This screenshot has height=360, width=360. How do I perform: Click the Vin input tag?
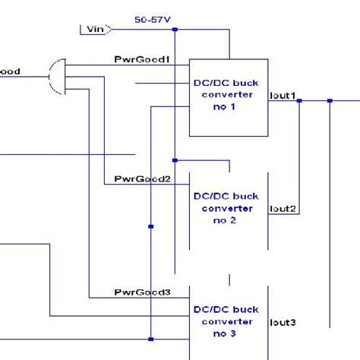point(95,30)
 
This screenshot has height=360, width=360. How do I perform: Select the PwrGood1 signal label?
point(141,58)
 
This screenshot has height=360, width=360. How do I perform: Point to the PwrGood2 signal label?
point(141,179)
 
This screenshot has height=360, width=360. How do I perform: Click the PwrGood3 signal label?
point(141,292)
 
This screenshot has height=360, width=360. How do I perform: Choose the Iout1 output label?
point(283,96)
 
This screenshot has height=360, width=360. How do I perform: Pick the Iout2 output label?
point(283,209)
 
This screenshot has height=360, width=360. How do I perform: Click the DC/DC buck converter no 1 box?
point(227,98)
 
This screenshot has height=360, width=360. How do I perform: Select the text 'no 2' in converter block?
point(227,220)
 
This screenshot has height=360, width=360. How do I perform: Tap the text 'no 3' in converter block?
point(227,333)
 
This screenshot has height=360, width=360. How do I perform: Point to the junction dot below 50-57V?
point(175,30)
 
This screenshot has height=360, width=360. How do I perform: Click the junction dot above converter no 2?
point(175,160)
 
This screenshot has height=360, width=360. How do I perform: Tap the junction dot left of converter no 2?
point(151,226)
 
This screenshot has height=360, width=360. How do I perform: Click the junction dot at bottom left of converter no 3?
point(151,339)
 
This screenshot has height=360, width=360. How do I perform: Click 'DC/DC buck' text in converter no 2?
point(227,196)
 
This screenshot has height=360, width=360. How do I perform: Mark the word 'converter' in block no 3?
point(227,321)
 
